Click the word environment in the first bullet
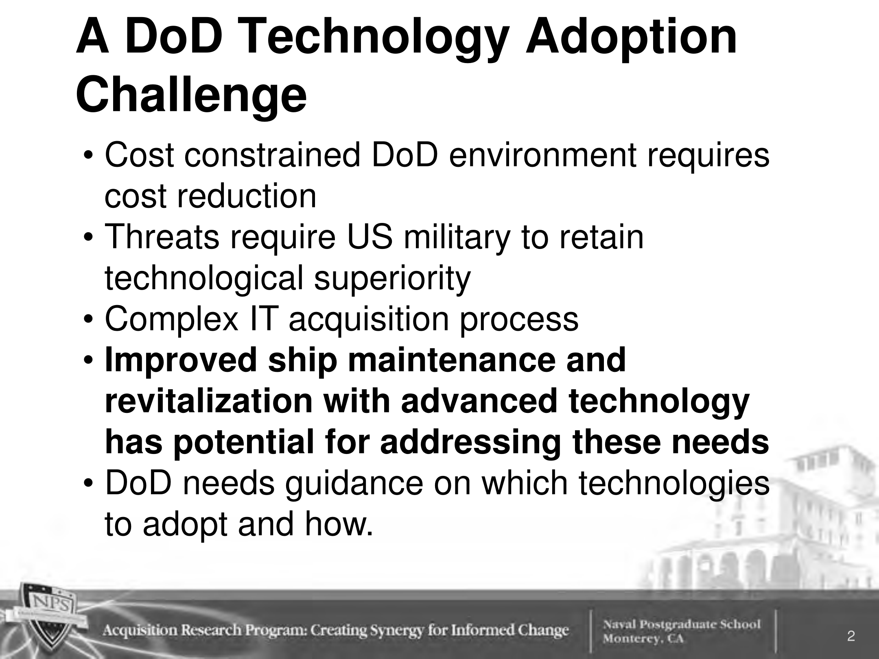(x=542, y=155)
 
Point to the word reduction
(x=247, y=196)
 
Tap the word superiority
(x=392, y=279)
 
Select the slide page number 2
(x=851, y=636)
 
